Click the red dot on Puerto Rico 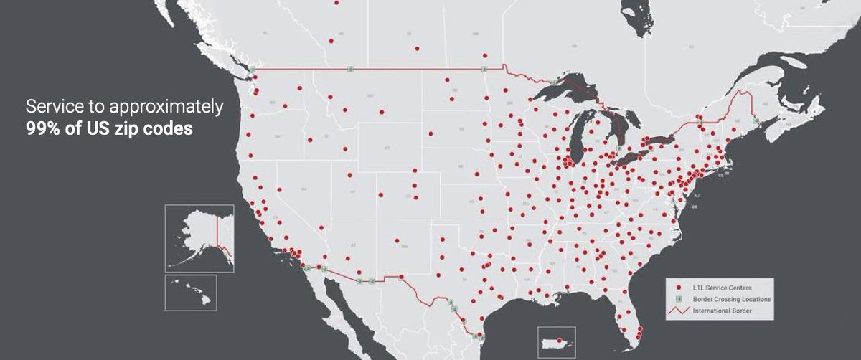point(568,349)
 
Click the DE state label point(695,206)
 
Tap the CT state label point(720,174)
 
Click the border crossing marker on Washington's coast point(252,69)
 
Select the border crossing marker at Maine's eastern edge point(756,121)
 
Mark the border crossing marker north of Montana point(349,69)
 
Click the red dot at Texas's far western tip point(401,277)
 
